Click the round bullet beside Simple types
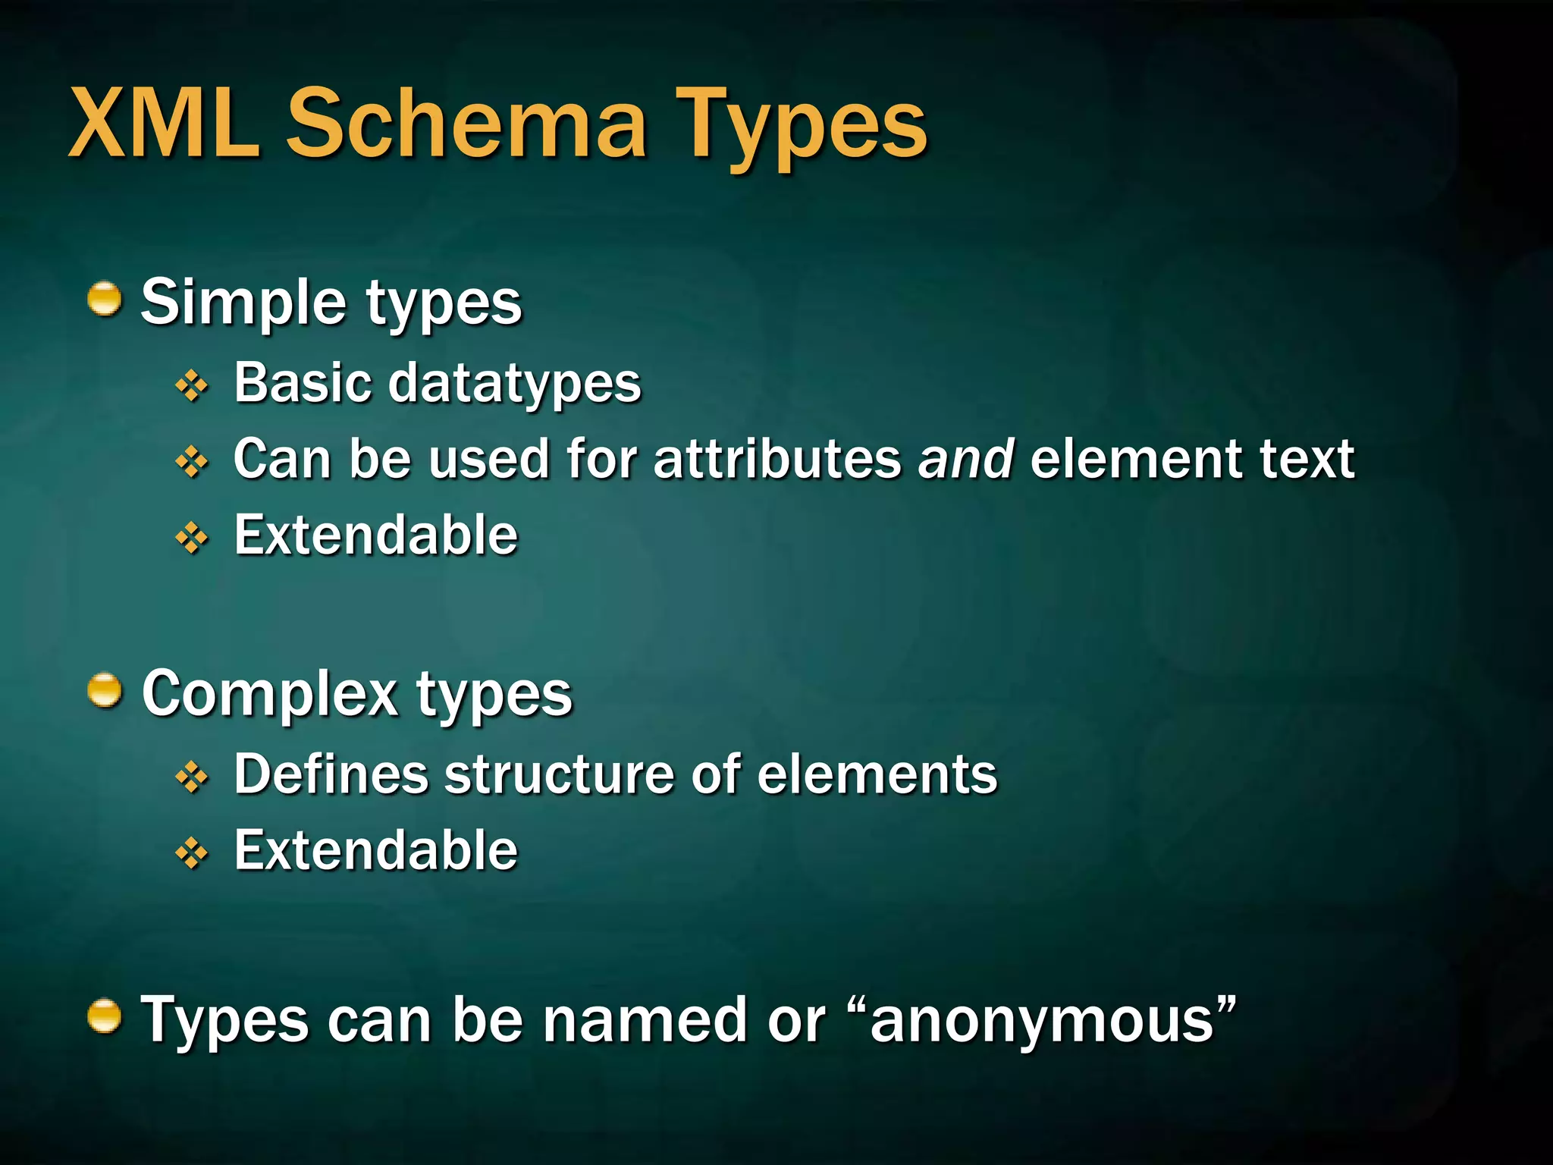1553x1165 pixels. [x=105, y=300]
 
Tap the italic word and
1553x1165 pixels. [x=965, y=460]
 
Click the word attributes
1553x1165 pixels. [x=777, y=460]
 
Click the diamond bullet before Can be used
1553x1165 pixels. [x=192, y=462]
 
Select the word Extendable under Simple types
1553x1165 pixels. [x=375, y=535]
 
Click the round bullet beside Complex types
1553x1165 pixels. [x=105, y=691]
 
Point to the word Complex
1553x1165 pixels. [x=270, y=694]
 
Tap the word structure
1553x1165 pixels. [x=560, y=774]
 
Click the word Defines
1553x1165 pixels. [x=331, y=774]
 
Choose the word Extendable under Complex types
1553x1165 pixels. [x=375, y=851]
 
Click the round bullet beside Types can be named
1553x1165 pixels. [x=105, y=1016]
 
